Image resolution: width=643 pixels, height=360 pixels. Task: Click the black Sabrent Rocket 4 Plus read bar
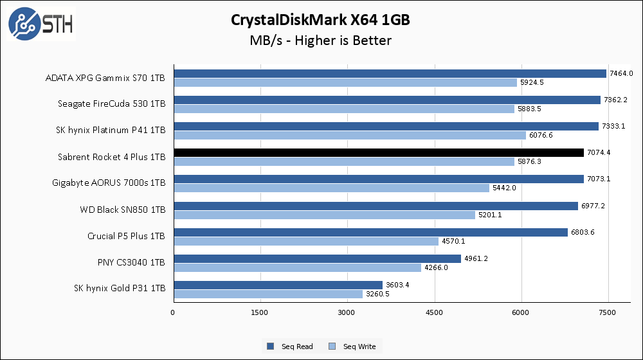(378, 152)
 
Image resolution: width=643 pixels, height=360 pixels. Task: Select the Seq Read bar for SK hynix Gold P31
(278, 285)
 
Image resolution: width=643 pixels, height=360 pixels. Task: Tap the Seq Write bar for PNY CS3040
(297, 267)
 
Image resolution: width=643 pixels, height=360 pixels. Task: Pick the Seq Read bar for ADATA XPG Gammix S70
(390, 73)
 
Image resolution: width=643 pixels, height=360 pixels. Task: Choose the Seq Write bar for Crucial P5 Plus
(305, 241)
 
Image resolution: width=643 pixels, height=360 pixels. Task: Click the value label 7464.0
(621, 73)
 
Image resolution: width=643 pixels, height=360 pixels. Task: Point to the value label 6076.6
(541, 135)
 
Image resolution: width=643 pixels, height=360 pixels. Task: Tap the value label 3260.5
(377, 294)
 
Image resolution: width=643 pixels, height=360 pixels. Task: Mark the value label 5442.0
(504, 188)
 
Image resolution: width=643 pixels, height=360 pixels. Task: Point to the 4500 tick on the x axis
(435, 312)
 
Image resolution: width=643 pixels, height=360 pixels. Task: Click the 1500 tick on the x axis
(260, 312)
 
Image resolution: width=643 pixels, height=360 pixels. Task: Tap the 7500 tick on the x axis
(608, 312)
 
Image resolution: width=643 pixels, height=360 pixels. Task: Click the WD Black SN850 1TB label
(122, 210)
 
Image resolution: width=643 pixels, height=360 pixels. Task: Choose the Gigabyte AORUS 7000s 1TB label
(109, 183)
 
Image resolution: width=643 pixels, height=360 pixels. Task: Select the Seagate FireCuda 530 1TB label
(112, 104)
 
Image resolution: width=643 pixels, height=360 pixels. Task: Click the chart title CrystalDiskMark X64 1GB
(321, 20)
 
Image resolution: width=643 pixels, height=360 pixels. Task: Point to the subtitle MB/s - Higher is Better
(321, 40)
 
